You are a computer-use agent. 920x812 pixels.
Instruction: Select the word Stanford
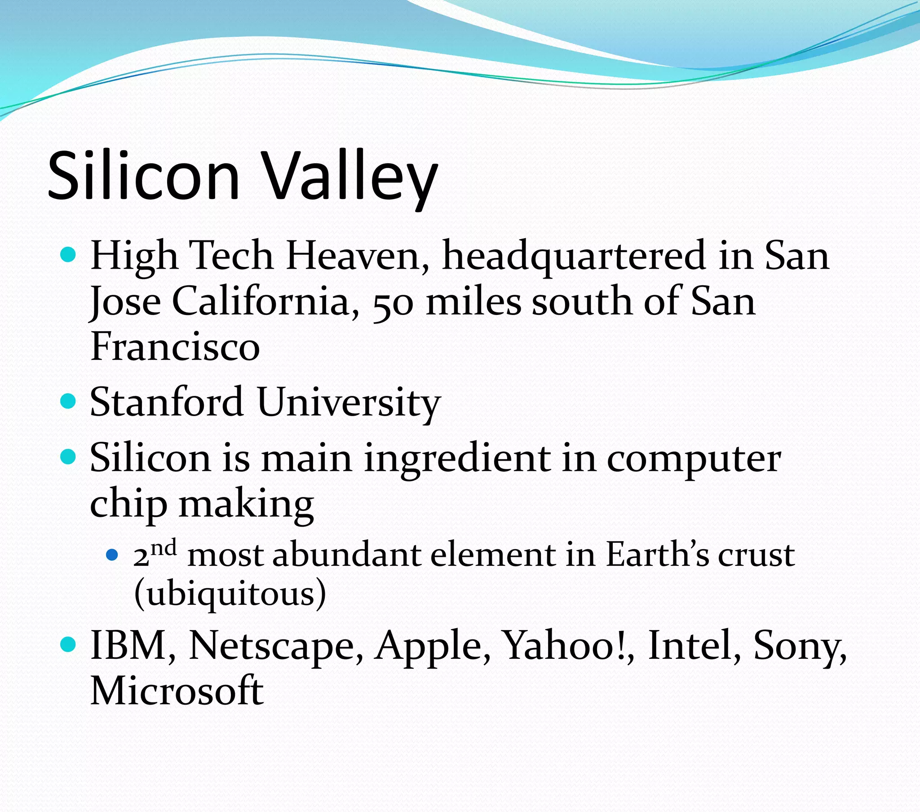167,402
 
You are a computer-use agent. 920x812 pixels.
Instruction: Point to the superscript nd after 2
163,548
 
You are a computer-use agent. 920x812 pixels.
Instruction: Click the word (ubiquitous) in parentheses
230,594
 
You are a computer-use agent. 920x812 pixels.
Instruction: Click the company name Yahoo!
567,646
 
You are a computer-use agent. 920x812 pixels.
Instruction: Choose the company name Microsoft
177,690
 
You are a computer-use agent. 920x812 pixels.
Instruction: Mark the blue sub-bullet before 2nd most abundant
111,555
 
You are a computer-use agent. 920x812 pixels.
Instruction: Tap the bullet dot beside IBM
68,644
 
